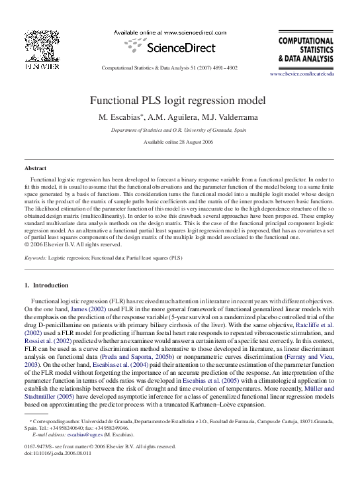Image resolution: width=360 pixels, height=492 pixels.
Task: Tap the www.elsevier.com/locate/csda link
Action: click(x=311, y=74)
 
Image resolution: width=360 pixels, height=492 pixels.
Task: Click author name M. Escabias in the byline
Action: click(x=121, y=117)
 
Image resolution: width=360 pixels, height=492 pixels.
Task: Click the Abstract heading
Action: click(x=35, y=169)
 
